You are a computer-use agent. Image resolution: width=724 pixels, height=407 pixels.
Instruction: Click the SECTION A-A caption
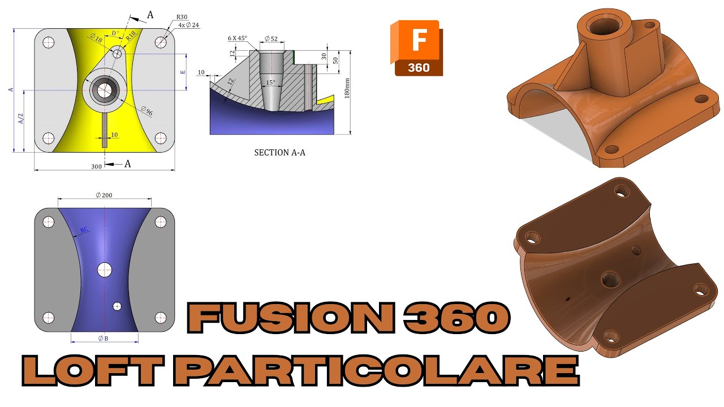point(279,152)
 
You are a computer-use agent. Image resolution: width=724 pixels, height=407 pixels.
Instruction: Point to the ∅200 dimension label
point(104,194)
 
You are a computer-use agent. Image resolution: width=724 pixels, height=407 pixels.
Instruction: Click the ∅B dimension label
point(103,339)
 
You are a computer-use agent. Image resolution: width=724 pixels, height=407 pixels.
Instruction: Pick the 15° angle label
point(271,83)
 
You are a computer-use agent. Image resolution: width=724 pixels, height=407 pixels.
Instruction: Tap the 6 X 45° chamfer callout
point(238,38)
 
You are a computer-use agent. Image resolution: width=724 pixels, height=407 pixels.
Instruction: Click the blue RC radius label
point(84,230)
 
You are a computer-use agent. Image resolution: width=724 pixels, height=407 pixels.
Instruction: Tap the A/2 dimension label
point(21,119)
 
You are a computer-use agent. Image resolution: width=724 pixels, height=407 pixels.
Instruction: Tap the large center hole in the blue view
point(105,270)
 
